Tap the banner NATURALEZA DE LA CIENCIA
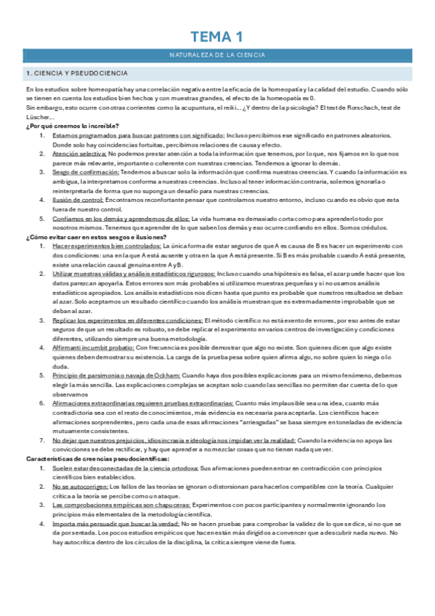point(217,55)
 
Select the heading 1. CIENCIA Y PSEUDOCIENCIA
point(76,73)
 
